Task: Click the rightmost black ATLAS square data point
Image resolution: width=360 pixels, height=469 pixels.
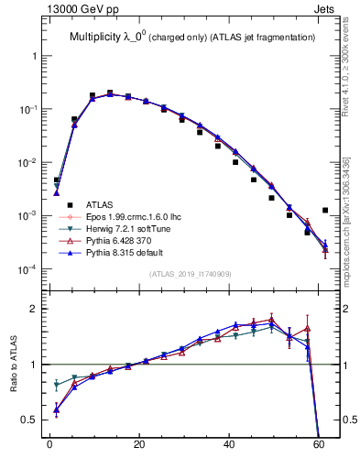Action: pos(325,210)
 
